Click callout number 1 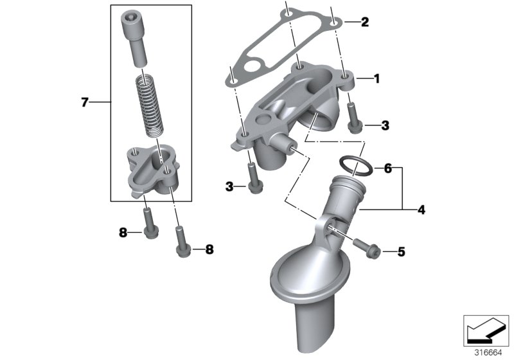tap(377, 79)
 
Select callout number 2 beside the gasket tap(365, 22)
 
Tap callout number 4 tap(421, 210)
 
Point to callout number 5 tap(401, 252)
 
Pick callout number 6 tap(387, 169)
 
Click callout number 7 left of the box tap(84, 102)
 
